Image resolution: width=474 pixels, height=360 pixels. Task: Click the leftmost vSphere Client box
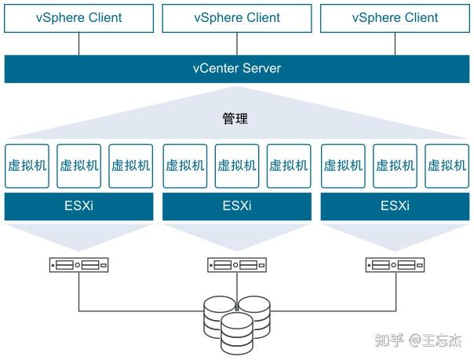[x=79, y=18]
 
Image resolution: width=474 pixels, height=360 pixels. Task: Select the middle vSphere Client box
[x=237, y=18]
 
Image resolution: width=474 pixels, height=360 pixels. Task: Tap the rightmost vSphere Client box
[x=395, y=18]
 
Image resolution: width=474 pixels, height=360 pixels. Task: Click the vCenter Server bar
[x=237, y=69]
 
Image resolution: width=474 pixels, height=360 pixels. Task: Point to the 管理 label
[x=235, y=118]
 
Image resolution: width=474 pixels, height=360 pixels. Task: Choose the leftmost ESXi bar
[x=79, y=206]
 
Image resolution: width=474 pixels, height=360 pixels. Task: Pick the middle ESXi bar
[x=237, y=206]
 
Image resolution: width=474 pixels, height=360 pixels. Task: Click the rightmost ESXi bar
[x=395, y=206]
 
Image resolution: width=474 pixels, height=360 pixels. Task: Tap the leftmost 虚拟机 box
[x=27, y=166]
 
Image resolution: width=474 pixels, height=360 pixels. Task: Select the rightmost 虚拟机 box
[x=447, y=166]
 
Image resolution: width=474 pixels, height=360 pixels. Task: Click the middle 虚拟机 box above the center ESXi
[x=237, y=166]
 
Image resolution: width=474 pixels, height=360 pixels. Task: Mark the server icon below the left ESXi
[x=79, y=265]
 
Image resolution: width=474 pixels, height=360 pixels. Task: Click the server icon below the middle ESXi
[x=237, y=265]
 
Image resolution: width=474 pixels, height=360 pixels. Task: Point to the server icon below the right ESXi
[x=395, y=265]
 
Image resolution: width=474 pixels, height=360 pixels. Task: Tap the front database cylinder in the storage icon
[x=237, y=333]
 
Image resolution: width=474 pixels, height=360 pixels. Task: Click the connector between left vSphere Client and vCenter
[x=79, y=44]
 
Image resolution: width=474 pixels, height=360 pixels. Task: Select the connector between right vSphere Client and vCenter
[x=395, y=44]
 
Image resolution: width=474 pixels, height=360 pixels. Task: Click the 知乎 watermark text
[x=389, y=340]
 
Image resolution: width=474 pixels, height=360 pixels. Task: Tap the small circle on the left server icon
[x=78, y=265]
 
